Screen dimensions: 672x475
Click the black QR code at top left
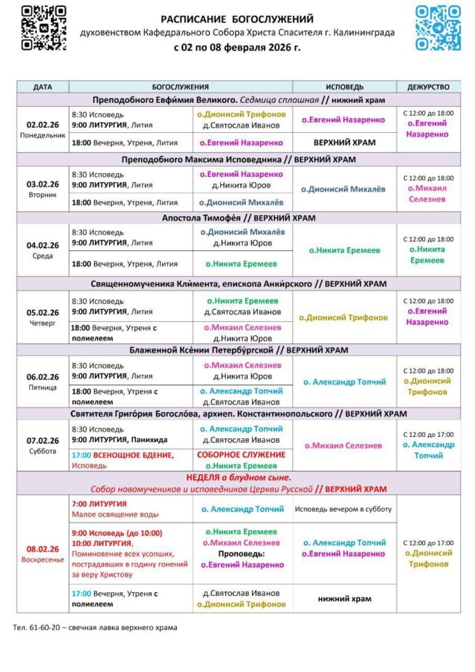coord(43,28)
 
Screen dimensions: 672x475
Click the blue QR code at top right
coord(438,28)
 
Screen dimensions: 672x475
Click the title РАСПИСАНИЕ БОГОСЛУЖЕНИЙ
coord(237,19)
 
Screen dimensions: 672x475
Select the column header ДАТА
coord(43,87)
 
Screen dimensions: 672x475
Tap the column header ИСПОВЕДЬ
coord(344,87)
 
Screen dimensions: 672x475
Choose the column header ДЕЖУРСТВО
coord(429,87)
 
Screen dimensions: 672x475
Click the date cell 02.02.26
coord(43,125)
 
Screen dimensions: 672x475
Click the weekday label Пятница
coord(43,388)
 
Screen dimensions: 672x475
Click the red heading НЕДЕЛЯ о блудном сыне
coord(238,477)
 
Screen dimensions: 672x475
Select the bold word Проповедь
coord(238,555)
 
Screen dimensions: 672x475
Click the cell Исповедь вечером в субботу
coord(344,508)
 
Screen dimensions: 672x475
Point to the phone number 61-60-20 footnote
coord(96,627)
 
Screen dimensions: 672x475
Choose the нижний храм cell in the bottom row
coord(344,598)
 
